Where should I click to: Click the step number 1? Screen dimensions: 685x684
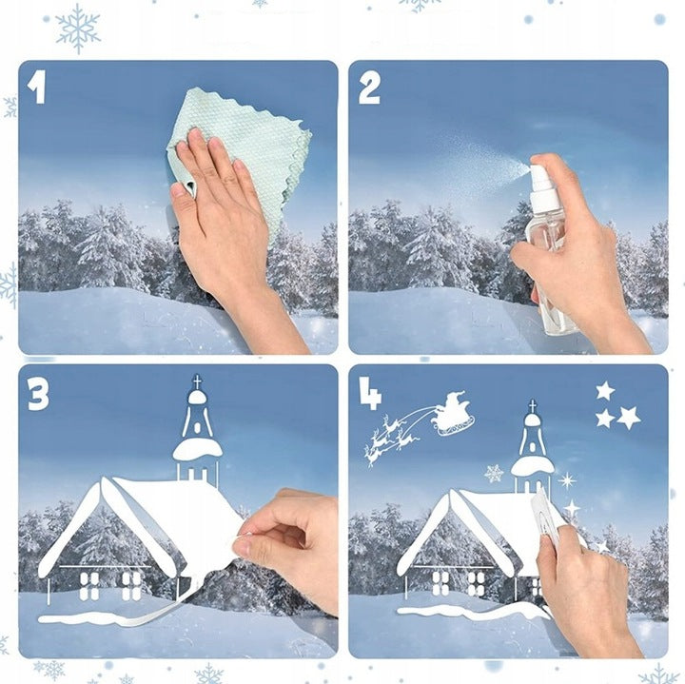pyautogui.click(x=37, y=88)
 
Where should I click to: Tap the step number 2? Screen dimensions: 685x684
pyautogui.click(x=369, y=88)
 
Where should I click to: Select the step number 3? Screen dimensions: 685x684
pyautogui.click(x=38, y=394)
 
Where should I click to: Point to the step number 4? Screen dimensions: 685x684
pyautogui.click(x=370, y=394)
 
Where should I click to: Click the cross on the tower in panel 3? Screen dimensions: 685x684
pyautogui.click(x=198, y=381)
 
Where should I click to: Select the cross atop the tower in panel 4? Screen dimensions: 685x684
pyautogui.click(x=532, y=406)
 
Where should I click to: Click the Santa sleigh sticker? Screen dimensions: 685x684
pyautogui.click(x=452, y=414)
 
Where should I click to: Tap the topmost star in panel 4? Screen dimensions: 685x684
pyautogui.click(x=605, y=390)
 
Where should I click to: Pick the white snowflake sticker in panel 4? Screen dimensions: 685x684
pyautogui.click(x=494, y=474)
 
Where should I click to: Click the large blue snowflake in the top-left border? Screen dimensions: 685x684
pyautogui.click(x=79, y=29)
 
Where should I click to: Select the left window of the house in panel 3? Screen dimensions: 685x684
pyautogui.click(x=89, y=586)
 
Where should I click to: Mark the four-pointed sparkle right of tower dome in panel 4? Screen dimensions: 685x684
pyautogui.click(x=567, y=481)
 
